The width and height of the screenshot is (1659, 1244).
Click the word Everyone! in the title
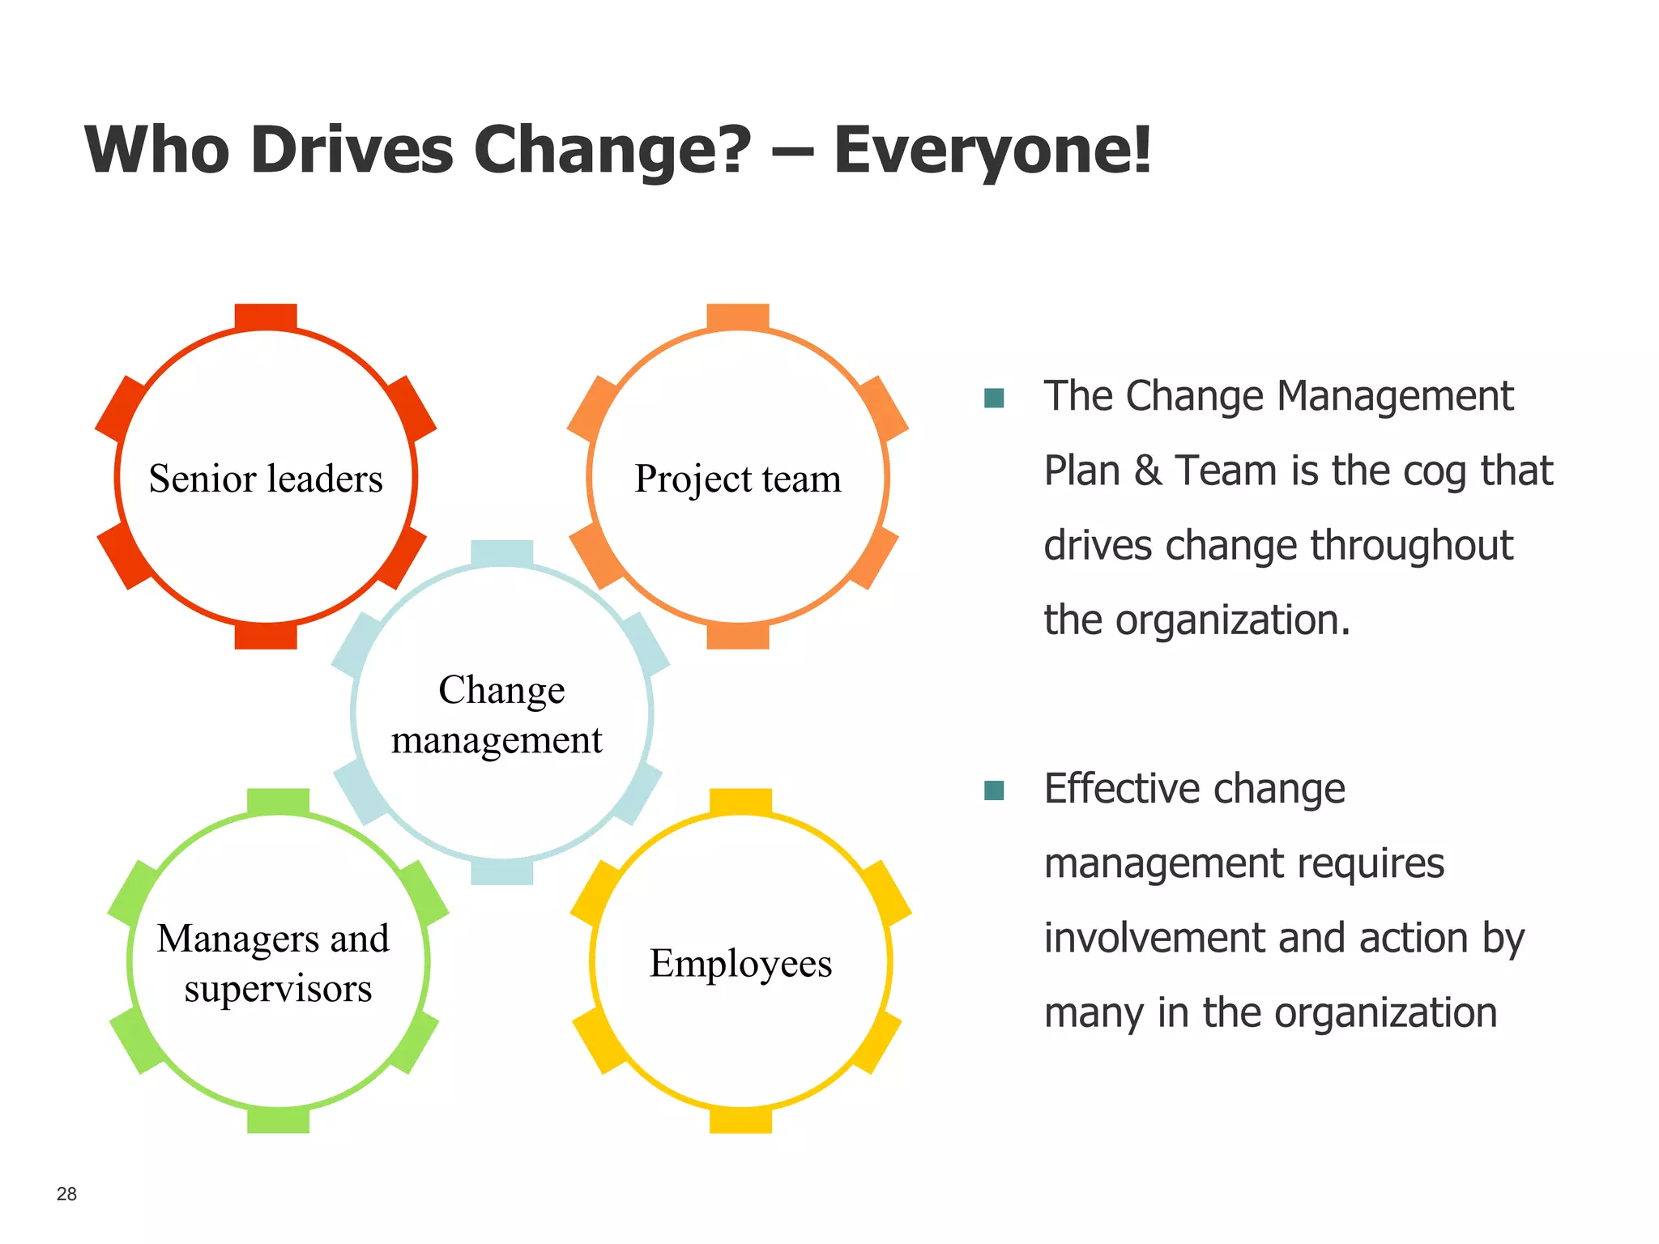tap(992, 151)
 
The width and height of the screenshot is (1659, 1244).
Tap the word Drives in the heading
tap(352, 151)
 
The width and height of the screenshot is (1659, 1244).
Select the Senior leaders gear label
tap(266, 479)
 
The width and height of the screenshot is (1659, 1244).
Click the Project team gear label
tap(737, 479)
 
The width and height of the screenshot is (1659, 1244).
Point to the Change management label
tap(499, 714)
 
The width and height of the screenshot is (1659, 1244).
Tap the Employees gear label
tap(740, 964)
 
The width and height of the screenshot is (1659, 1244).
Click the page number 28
tap(66, 1194)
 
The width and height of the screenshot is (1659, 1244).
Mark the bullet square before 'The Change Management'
tap(994, 398)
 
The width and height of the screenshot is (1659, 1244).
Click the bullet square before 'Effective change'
tap(994, 790)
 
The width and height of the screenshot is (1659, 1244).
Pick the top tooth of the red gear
tap(266, 316)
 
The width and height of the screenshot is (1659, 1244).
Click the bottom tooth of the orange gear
tap(737, 636)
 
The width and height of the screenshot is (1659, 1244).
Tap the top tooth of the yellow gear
tap(740, 800)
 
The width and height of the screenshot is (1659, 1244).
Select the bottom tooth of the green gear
tap(278, 1121)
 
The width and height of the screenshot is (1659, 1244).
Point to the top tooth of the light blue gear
tap(502, 552)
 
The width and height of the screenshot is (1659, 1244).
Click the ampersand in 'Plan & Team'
tap(1147, 471)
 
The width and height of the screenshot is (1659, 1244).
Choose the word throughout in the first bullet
tap(1411, 546)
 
